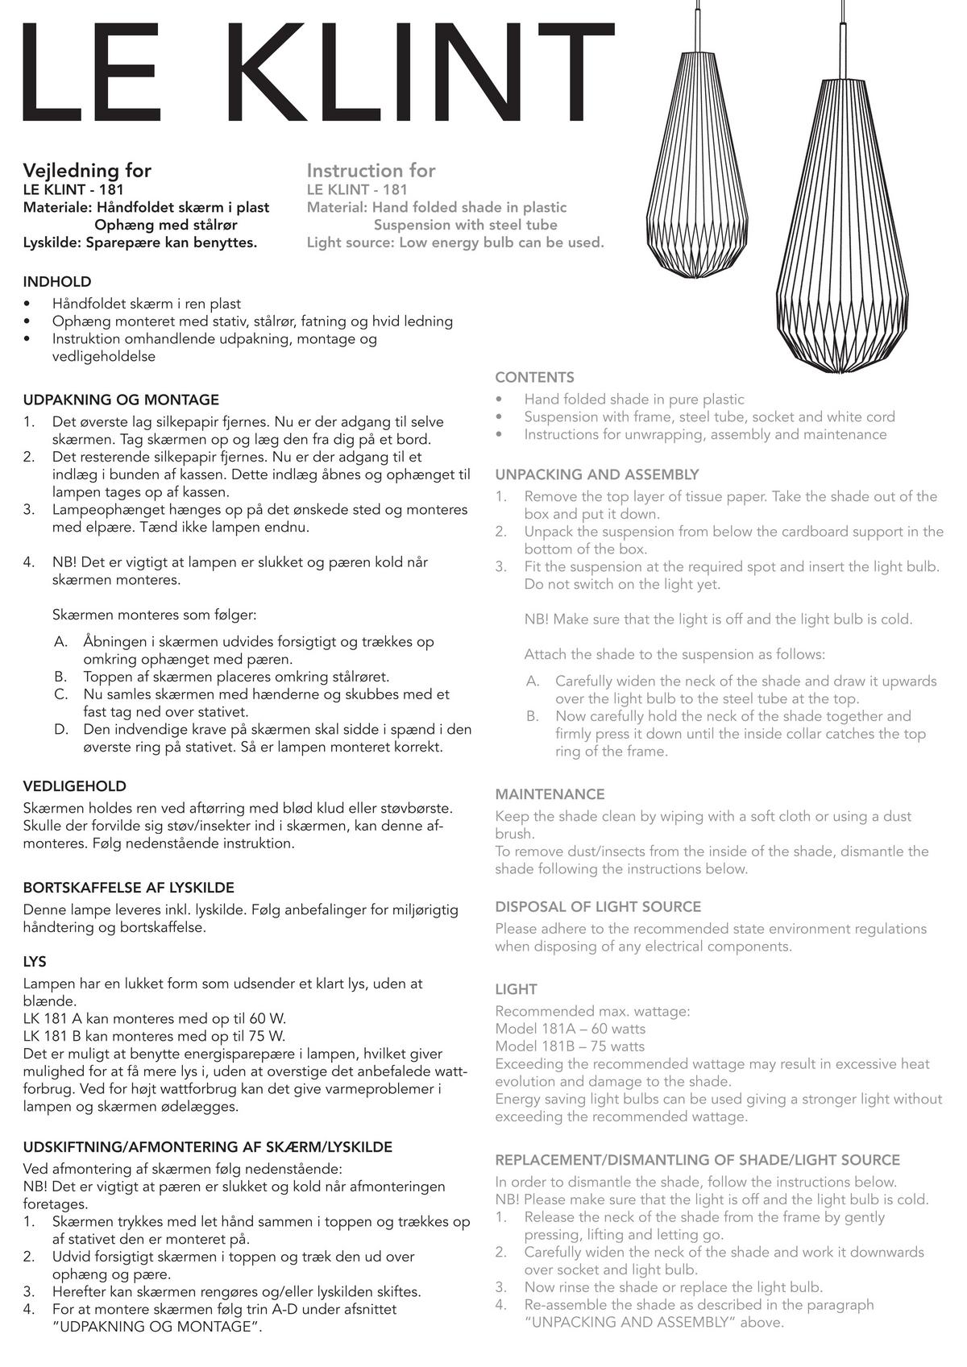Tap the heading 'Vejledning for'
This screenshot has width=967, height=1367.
pos(87,170)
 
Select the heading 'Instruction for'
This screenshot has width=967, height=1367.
pos(371,170)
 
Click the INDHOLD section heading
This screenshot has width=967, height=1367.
pos(57,282)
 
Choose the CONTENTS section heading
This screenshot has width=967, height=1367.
pos(534,377)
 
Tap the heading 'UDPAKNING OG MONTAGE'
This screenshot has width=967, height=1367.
pos(121,400)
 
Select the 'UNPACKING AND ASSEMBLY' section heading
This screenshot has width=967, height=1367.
pos(596,474)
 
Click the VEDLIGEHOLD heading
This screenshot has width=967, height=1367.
pos(74,786)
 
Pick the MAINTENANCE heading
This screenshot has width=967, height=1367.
pos(550,794)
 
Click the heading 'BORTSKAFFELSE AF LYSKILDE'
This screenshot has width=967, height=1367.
pos(129,888)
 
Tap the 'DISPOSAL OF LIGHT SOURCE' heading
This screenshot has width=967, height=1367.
pos(598,906)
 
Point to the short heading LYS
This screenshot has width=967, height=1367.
pos(35,962)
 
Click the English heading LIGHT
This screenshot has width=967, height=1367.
pos(516,989)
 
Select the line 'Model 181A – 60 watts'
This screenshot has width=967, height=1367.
pos(570,1029)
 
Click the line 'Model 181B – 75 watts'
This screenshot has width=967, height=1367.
pos(570,1046)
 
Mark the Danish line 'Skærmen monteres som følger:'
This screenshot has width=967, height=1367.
pos(154,615)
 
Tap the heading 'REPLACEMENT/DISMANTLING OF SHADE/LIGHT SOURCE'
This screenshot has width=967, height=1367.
pos(697,1160)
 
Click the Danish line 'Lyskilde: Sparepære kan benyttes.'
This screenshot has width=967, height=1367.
pos(140,242)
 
